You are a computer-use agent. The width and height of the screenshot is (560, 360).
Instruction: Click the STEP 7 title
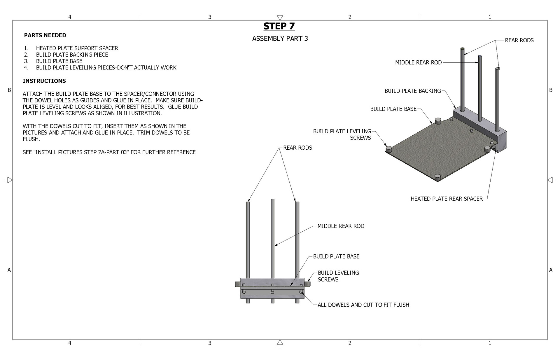coord(279,26)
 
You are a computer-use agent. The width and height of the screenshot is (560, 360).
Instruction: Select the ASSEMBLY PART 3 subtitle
coord(280,39)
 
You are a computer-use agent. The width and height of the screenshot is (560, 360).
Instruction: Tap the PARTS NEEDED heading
coord(45,35)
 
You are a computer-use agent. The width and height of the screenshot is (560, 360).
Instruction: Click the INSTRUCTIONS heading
coord(44,81)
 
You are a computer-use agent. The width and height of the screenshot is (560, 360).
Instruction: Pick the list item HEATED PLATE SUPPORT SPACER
coord(77,48)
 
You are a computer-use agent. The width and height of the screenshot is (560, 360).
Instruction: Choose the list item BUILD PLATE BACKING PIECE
coord(72,55)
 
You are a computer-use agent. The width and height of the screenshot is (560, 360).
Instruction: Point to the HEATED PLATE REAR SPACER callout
coord(447,199)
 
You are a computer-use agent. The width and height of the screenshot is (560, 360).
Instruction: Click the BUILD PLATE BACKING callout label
coord(413,91)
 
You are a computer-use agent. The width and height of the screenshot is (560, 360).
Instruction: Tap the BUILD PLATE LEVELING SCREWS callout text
coord(342,134)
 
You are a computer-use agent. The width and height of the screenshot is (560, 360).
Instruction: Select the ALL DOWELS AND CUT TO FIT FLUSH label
coord(363,305)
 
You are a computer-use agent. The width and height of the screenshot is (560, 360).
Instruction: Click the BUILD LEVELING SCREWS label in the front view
coord(338,276)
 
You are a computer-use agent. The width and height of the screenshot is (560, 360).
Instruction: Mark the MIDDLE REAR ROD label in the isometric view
coord(418,62)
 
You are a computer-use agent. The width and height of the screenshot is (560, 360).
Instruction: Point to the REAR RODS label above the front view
coord(297,148)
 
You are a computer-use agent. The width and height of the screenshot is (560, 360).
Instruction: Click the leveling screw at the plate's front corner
coord(437,177)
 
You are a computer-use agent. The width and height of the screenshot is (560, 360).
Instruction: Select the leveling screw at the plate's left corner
coord(388,149)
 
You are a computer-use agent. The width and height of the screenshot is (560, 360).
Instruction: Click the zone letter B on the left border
coord(9,90)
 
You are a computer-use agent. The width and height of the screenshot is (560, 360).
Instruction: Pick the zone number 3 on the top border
coord(210,17)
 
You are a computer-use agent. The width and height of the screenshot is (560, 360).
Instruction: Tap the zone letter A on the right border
coord(551,270)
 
